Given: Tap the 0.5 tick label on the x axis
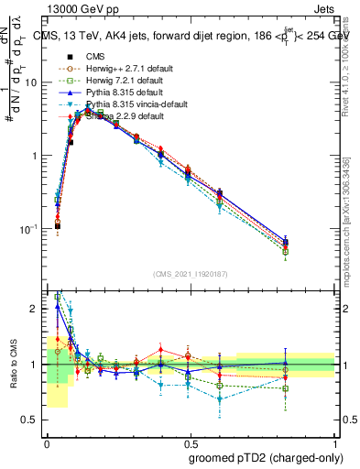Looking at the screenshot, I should pyautogui.click(x=190, y=441).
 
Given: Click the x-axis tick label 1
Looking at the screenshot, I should pyautogui.click(x=334, y=441).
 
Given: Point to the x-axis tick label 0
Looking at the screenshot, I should pyautogui.click(x=47, y=441).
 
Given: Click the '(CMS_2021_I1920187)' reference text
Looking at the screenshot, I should pyautogui.click(x=190, y=274).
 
